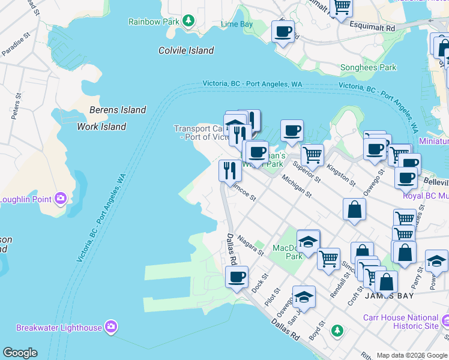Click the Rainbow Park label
point(154,22)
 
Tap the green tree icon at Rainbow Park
point(188,21)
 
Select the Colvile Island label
point(186,50)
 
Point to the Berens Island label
point(118,110)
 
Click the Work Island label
point(101,127)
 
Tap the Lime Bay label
point(237,24)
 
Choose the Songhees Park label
point(369,68)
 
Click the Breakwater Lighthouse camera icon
point(110,327)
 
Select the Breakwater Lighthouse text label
point(59,328)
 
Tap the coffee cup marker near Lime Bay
point(283,31)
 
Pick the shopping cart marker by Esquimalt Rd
point(342,7)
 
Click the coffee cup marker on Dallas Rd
point(237,277)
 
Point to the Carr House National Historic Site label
point(400,322)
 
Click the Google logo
point(20,353)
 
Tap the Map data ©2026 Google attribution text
point(412,355)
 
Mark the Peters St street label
point(16,106)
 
